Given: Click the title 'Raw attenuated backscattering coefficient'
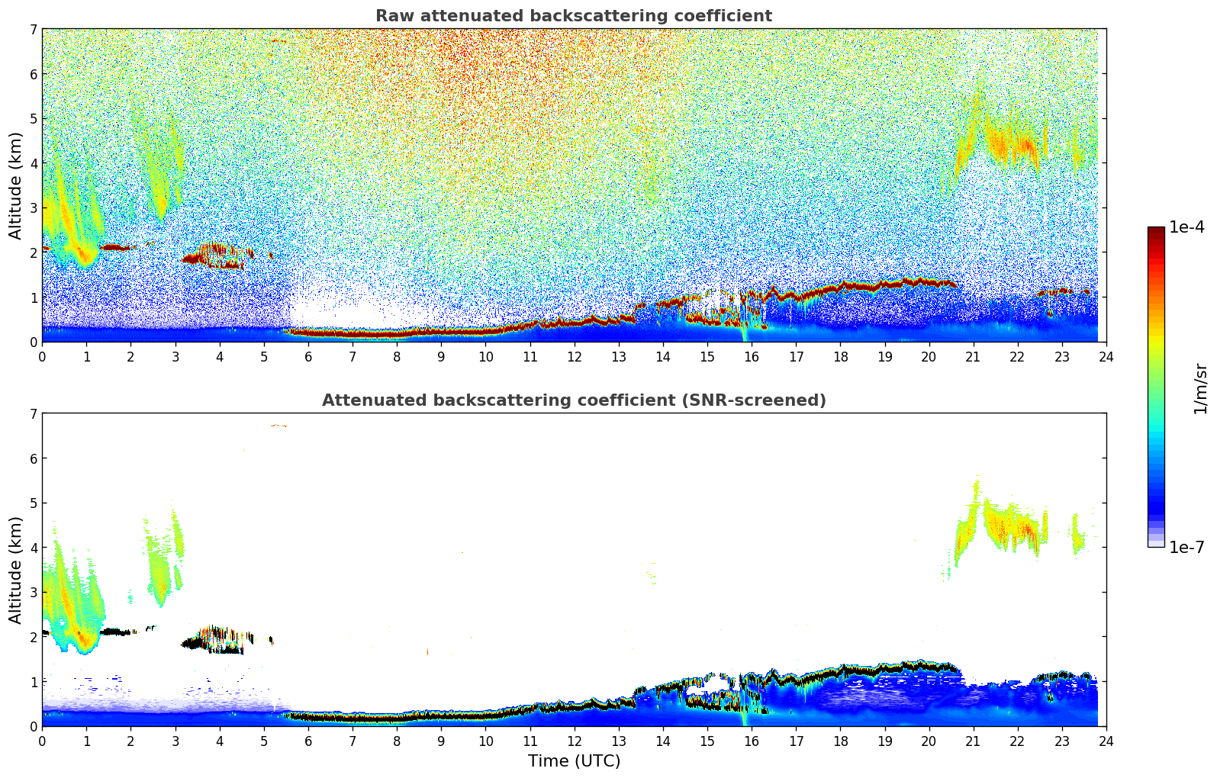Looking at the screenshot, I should click(574, 16).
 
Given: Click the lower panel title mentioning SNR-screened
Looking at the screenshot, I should click(574, 400).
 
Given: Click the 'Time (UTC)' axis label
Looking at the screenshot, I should click(574, 760).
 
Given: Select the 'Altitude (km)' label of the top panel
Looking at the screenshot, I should click(16, 185).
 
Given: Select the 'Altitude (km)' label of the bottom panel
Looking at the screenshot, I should click(16, 570).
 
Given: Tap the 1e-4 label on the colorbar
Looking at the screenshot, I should click(1186, 227).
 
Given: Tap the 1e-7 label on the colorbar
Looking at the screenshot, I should click(1186, 547).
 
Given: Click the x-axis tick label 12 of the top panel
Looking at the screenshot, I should click(574, 357).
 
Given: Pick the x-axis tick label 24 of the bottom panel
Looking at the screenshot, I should click(1106, 741).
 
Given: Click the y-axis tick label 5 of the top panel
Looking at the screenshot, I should click(34, 118).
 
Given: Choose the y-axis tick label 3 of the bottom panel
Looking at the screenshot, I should click(34, 592).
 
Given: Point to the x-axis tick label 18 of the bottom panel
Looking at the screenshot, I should click(840, 741).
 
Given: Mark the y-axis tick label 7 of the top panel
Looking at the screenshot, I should click(34, 30).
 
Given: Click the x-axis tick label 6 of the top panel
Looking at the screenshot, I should click(308, 357).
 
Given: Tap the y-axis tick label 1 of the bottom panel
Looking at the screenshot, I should click(34, 681).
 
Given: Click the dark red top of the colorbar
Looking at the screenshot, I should click(1156, 231).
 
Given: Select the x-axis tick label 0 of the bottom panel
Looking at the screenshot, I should click(42, 741).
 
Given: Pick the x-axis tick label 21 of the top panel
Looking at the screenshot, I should click(973, 357).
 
